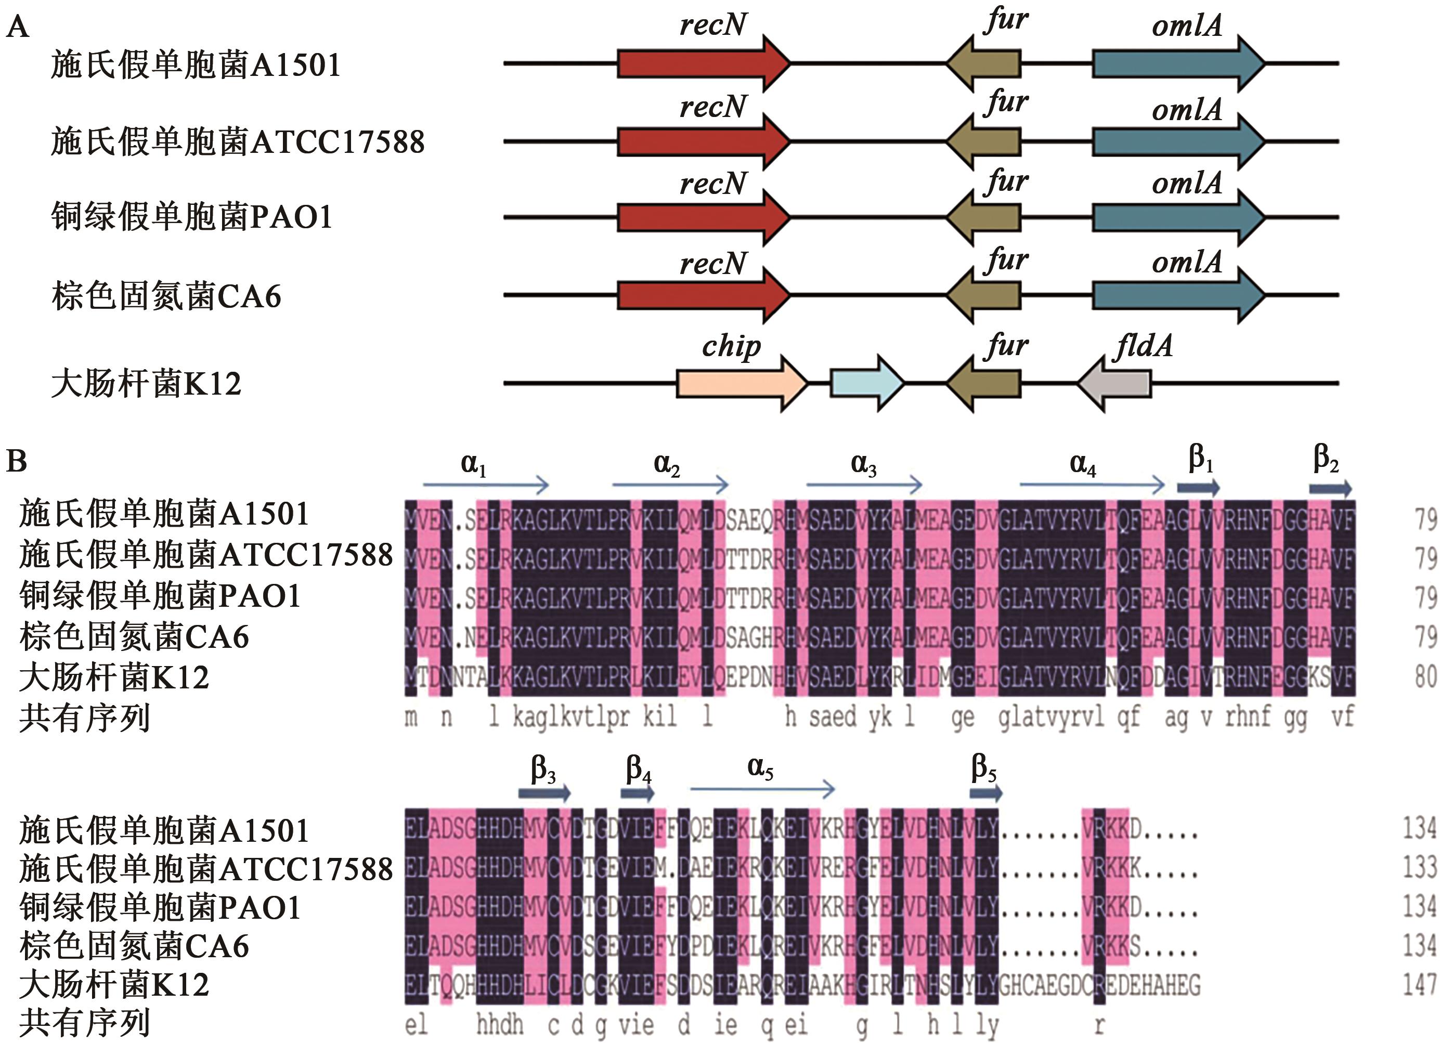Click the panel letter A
point(17,28)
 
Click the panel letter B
point(16,460)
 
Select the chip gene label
point(731,347)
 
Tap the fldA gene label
point(1144,347)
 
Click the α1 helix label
point(473,464)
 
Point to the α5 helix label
point(760,767)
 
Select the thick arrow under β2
point(1330,489)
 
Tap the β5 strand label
point(984,767)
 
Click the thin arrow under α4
point(1092,485)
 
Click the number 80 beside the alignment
point(1425,676)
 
